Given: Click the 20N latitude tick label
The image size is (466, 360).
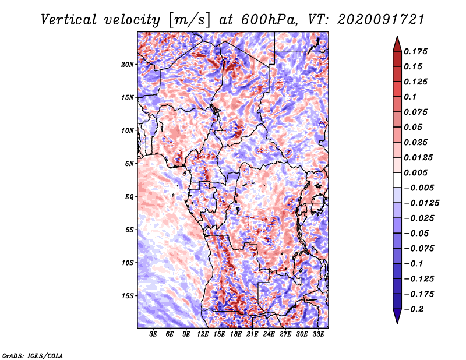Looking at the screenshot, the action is coord(127,65).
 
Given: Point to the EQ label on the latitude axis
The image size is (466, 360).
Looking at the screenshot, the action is coord(129,197).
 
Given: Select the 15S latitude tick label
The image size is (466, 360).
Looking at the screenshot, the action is coord(127,296).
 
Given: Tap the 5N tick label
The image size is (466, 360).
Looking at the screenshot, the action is coord(129,164).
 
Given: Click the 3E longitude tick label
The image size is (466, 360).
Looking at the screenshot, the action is coord(153,334).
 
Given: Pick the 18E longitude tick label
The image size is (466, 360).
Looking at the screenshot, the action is coord(236,334).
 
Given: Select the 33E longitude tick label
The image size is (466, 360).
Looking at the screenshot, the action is coord(318,334).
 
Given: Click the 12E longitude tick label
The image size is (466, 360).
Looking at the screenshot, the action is coord(203,334).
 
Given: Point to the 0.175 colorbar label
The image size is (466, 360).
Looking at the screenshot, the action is coord(415,51).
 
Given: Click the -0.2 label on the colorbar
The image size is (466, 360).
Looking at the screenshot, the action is coord(414,309).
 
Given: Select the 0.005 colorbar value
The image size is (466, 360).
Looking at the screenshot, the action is coord(415,172).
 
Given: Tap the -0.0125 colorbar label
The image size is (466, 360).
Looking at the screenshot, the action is coord(421,203).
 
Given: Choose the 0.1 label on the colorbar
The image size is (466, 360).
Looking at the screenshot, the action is coord(410,97).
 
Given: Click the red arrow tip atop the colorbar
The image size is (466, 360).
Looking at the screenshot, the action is coord(397,37).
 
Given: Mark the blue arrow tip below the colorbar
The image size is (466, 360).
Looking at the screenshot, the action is coord(397,323).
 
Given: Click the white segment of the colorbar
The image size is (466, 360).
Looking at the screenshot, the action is coord(397,180).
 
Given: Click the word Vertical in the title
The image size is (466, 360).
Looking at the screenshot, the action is coord(68,20).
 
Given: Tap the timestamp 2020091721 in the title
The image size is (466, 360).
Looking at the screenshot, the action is coord(381,20).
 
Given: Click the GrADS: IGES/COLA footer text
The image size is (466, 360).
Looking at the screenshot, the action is coord(33,355).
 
